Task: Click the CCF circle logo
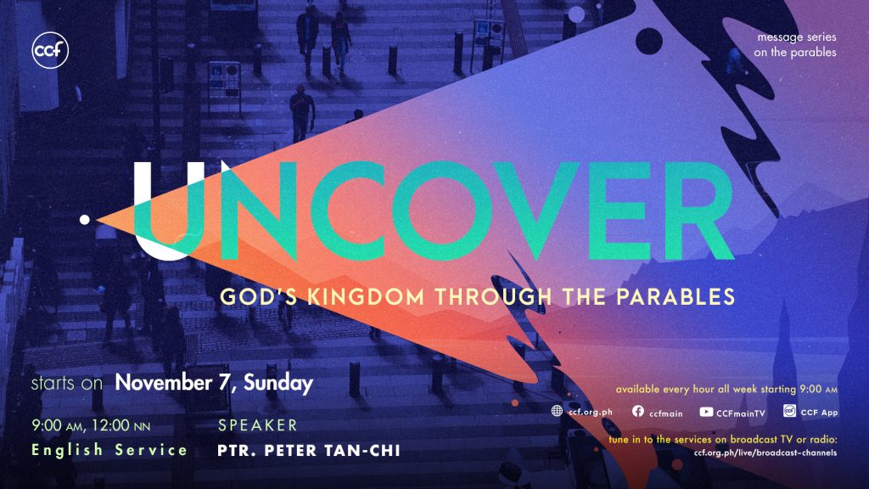coord(50,50)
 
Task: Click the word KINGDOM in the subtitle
coord(366,296)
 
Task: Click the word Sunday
coord(278,384)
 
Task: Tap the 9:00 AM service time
coord(57,426)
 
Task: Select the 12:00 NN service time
coord(121,426)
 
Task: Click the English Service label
coord(109,450)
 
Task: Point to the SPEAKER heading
coord(258,425)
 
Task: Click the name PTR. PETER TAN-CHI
coord(309,450)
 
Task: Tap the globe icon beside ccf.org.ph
coord(557,411)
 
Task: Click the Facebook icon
coord(638,411)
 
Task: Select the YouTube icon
coord(706,412)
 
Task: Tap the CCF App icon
coord(790,410)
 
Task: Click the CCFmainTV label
coord(740,413)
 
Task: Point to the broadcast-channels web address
coord(765,452)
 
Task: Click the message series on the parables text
coord(794,44)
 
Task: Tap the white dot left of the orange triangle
coord(84,220)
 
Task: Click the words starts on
coord(66,383)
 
